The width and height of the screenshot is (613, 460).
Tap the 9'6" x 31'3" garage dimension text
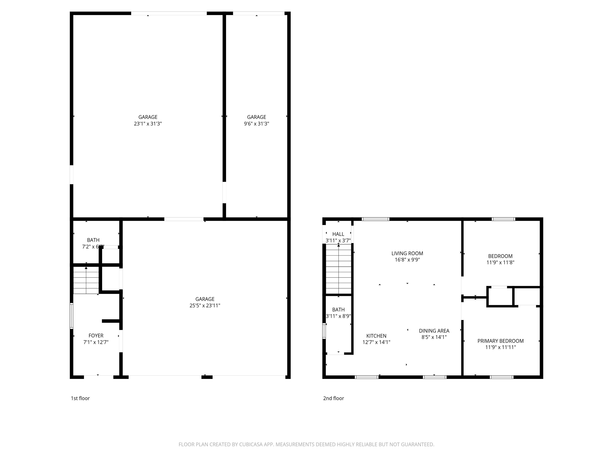(256, 124)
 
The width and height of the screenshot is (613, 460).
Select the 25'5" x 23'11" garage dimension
(205, 305)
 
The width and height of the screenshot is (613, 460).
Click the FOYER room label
(96, 335)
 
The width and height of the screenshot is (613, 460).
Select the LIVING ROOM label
(407, 253)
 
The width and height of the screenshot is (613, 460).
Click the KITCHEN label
(376, 336)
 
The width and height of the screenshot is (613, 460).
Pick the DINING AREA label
(434, 331)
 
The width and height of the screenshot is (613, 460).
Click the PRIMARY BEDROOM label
(500, 341)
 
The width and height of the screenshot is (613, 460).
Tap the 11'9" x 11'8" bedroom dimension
(500, 262)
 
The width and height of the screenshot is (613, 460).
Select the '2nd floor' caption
(333, 398)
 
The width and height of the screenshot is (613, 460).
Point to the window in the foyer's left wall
(71, 316)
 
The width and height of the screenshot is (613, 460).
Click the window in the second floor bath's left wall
(324, 331)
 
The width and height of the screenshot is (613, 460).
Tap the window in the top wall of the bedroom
(503, 219)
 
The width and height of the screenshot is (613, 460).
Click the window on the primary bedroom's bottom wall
(502, 377)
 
